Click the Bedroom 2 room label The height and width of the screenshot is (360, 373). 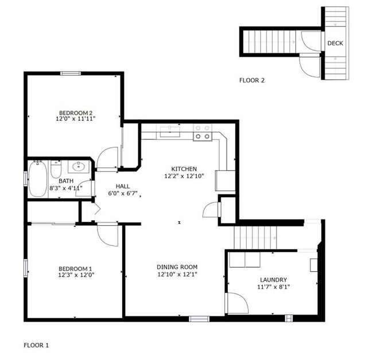click(75, 112)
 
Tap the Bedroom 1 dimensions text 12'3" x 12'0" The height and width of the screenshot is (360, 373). click(75, 275)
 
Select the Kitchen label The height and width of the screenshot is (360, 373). click(185, 169)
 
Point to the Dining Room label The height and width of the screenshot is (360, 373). click(177, 267)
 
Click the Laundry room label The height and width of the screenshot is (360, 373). click(273, 280)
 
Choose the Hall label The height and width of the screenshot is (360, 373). click(123, 186)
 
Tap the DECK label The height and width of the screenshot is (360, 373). click(335, 44)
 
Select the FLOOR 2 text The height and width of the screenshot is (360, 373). click(252, 80)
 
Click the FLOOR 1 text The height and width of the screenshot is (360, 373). click(36, 345)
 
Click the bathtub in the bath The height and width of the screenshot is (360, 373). click(38, 179)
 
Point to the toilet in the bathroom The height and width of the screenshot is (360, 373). click(56, 170)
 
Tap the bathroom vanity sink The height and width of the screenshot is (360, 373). click(78, 167)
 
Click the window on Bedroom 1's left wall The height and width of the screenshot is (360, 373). click(25, 267)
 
